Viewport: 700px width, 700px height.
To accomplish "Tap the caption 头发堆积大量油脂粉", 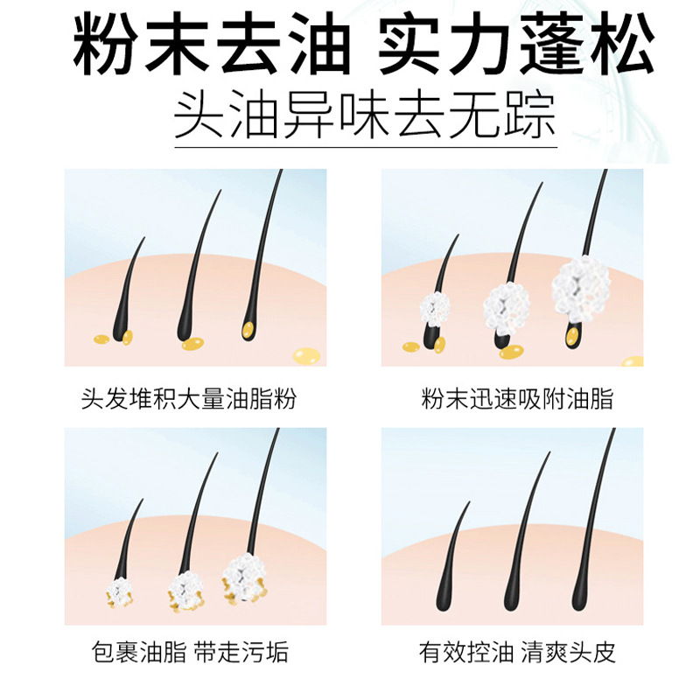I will pyautogui.click(x=188, y=401).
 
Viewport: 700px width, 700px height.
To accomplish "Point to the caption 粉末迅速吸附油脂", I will pyautogui.click(x=517, y=401).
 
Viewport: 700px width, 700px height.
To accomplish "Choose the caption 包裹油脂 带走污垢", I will pyautogui.click(x=190, y=652).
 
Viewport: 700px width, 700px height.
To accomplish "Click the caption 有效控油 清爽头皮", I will pyautogui.click(x=517, y=652).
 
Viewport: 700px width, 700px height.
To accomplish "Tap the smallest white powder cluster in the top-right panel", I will pyautogui.click(x=435, y=307).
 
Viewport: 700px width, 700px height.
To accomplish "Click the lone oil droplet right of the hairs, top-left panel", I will pyautogui.click(x=306, y=354).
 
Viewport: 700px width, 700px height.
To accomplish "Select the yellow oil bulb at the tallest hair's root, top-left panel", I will pyautogui.click(x=249, y=331).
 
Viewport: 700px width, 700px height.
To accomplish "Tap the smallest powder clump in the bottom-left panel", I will pyautogui.click(x=120, y=591).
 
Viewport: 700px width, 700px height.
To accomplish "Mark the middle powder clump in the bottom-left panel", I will pyautogui.click(x=185, y=589).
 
